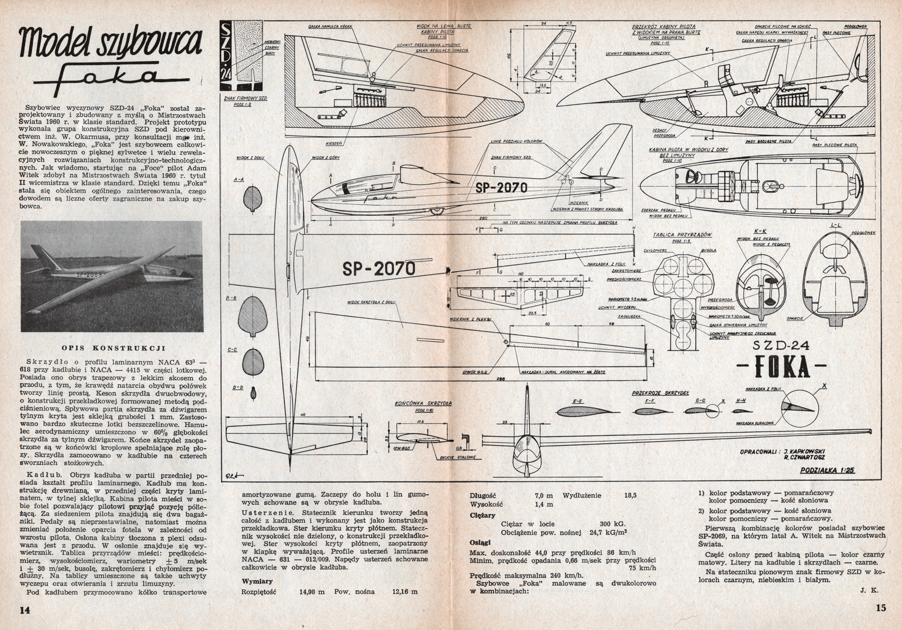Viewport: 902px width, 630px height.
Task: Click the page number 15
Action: [x=881, y=608]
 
